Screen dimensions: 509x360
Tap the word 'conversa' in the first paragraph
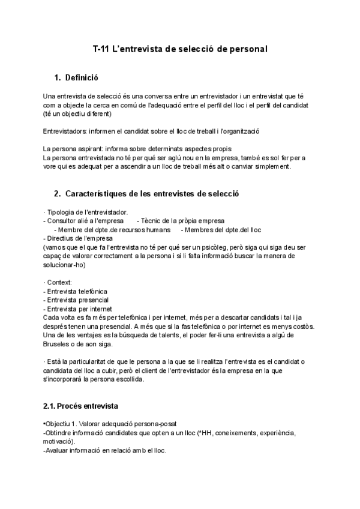tap(140, 96)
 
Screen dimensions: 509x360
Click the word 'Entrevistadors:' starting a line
tap(65, 131)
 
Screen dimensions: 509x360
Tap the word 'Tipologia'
tap(62, 212)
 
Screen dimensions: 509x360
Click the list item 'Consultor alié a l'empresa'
tap(83, 221)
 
